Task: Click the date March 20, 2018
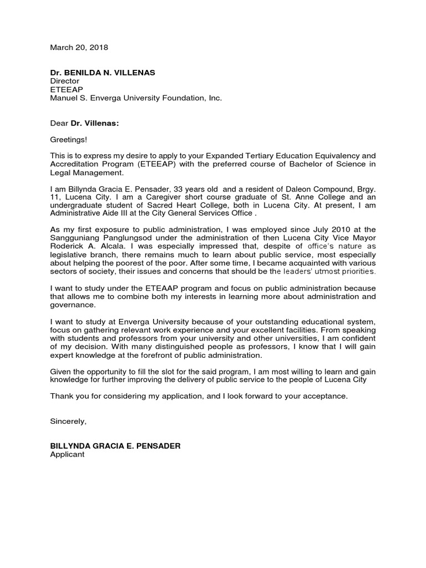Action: pyautogui.click(x=79, y=48)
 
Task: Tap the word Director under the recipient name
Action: pyautogui.click(x=65, y=81)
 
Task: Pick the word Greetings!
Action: pyautogui.click(x=68, y=140)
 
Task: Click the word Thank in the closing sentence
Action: pyautogui.click(x=61, y=396)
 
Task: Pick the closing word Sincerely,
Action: pyautogui.click(x=68, y=421)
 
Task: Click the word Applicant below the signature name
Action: pyautogui.click(x=67, y=454)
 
